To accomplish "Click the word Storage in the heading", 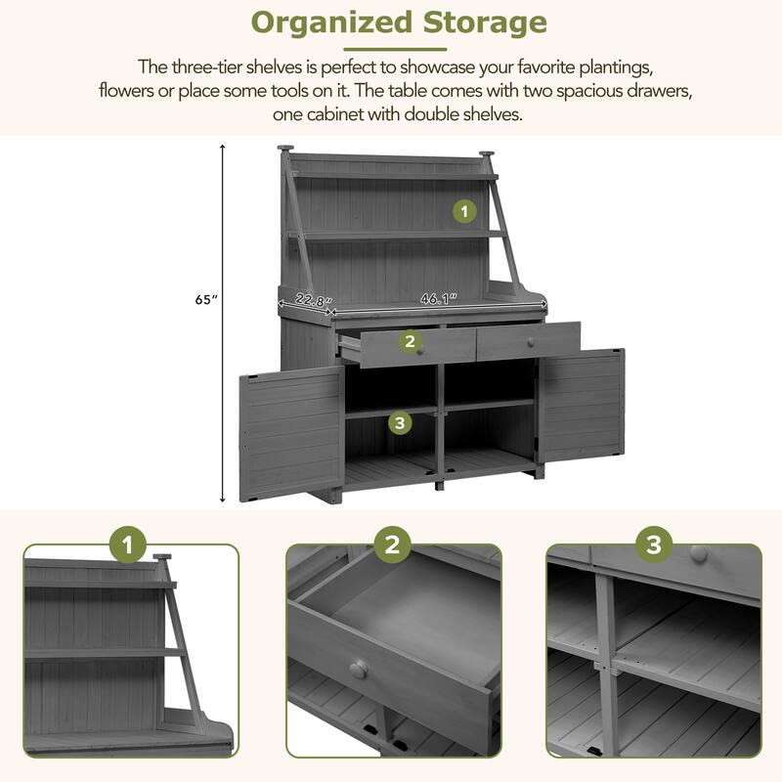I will pyautogui.click(x=478, y=22).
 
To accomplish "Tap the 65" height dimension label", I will pyautogui.click(x=203, y=301).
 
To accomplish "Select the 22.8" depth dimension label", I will pyautogui.click(x=314, y=301).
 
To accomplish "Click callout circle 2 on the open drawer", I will pyautogui.click(x=410, y=341).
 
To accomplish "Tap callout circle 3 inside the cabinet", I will pyautogui.click(x=398, y=422).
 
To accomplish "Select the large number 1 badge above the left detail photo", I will pyautogui.click(x=129, y=545).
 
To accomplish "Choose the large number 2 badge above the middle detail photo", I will pyautogui.click(x=392, y=545).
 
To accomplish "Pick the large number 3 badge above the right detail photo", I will pyautogui.click(x=653, y=545).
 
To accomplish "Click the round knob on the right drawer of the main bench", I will pyautogui.click(x=531, y=342).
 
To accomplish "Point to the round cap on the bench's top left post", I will pyautogui.click(x=284, y=149).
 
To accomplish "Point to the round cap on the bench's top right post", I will pyautogui.click(x=486, y=153).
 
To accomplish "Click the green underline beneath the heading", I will pyautogui.click(x=397, y=48).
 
